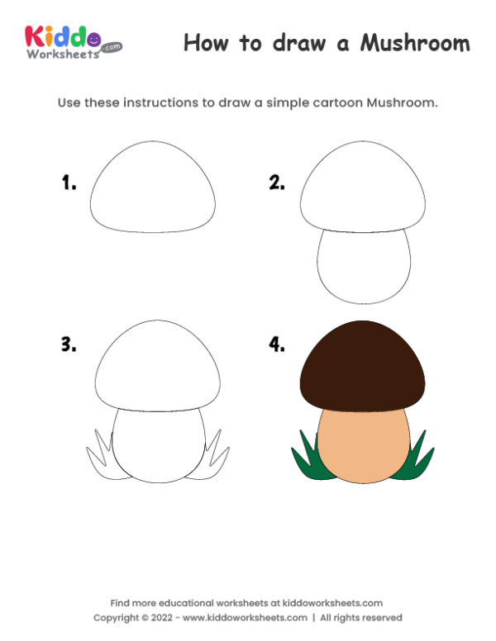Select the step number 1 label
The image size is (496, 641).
[x=69, y=183]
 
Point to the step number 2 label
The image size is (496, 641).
[x=276, y=183]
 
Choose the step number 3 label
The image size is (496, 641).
[x=69, y=345]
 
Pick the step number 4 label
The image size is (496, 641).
[x=276, y=345]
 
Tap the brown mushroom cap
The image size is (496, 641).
[x=364, y=363]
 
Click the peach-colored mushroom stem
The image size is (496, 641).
[x=364, y=446]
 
